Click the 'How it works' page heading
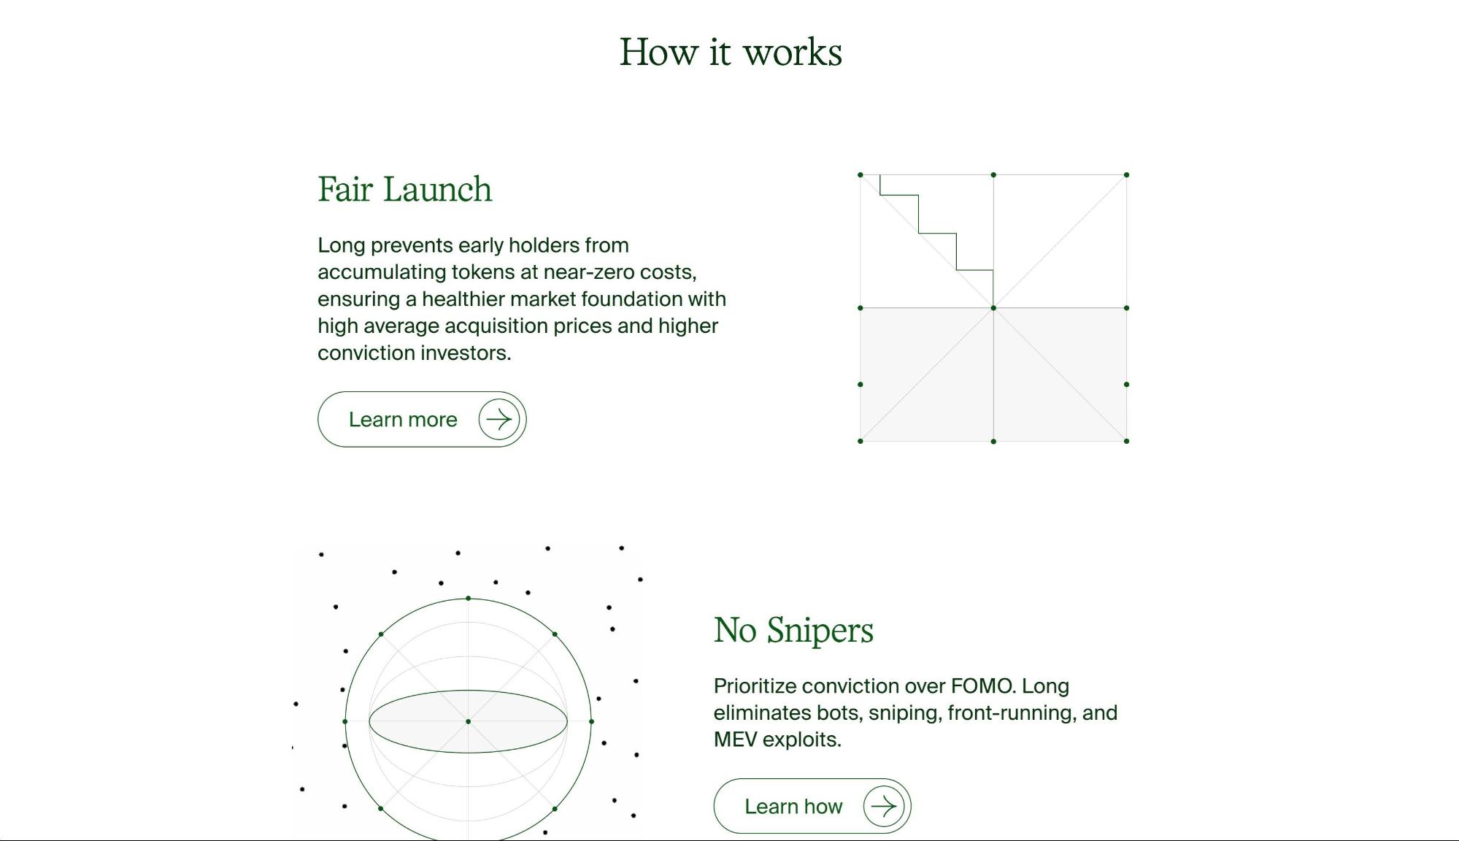point(731,53)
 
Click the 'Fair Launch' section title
point(405,189)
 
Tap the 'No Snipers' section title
point(793,630)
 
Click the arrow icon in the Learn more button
point(499,419)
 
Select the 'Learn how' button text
point(793,806)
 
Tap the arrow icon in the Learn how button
point(884,806)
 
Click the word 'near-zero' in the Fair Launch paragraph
point(589,272)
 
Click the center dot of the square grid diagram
point(993,308)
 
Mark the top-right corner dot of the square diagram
point(1127,175)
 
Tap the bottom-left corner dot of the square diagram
point(861,441)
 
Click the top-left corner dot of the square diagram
point(861,175)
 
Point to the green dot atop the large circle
point(469,599)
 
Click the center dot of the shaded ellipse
point(469,721)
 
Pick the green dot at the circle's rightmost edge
point(591,721)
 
